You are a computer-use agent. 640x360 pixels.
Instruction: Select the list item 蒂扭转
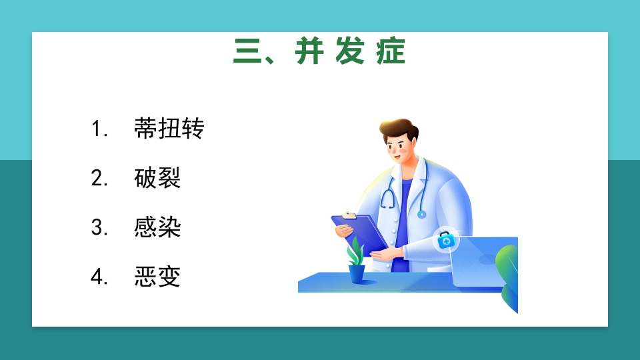(169, 129)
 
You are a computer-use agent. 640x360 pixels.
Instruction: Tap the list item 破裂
(157, 178)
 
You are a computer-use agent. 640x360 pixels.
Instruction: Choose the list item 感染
(157, 227)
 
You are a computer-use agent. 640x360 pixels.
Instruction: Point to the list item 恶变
(157, 277)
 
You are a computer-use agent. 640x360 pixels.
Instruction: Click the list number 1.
(99, 129)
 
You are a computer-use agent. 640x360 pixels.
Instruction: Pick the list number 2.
(99, 179)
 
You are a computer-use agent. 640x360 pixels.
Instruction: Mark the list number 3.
(99, 228)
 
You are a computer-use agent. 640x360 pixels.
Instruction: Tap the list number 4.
(99, 277)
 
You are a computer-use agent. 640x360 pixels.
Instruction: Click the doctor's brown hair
(398, 127)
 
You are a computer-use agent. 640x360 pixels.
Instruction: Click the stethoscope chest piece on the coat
(421, 214)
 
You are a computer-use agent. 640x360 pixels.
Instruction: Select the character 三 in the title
(245, 52)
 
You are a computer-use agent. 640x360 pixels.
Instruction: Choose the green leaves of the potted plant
(355, 251)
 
